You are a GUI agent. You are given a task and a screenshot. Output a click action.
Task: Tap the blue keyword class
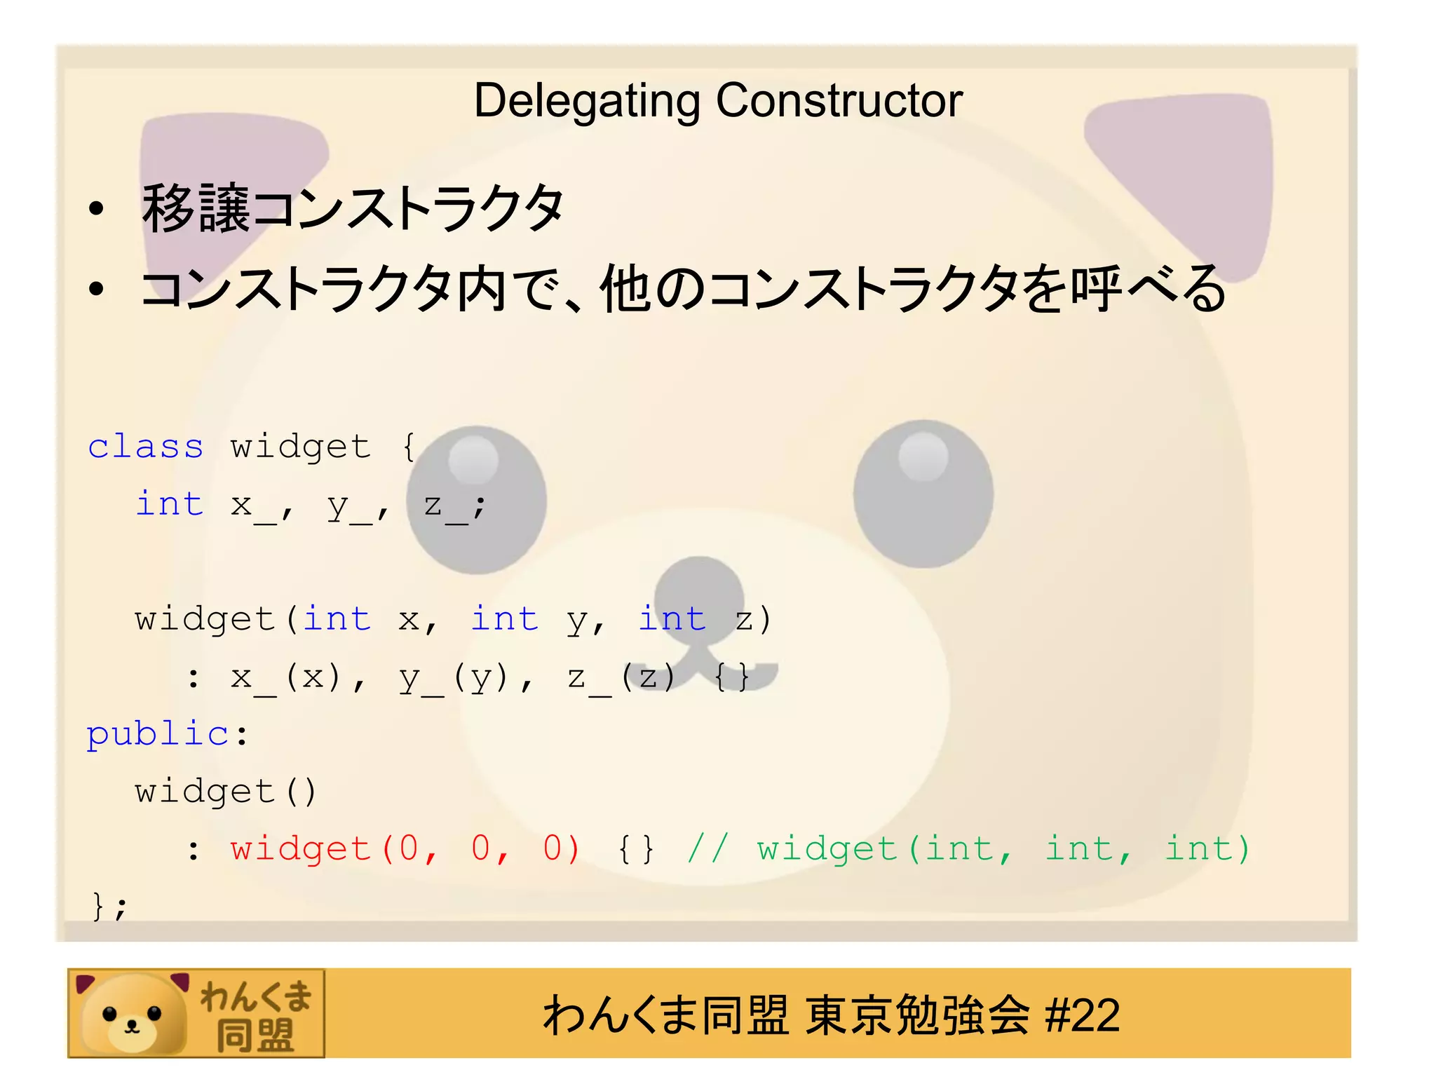click(145, 447)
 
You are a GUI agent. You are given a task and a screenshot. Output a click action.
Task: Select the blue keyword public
click(158, 734)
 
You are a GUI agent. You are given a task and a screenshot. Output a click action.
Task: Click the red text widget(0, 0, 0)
click(405, 849)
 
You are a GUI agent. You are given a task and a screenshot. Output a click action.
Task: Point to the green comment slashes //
click(708, 849)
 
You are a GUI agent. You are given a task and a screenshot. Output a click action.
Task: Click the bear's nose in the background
click(698, 592)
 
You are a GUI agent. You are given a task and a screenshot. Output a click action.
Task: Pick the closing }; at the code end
click(109, 907)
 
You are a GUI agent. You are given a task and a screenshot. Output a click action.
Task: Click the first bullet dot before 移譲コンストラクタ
click(97, 209)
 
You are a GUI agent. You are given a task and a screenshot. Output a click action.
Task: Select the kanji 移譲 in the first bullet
click(196, 209)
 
